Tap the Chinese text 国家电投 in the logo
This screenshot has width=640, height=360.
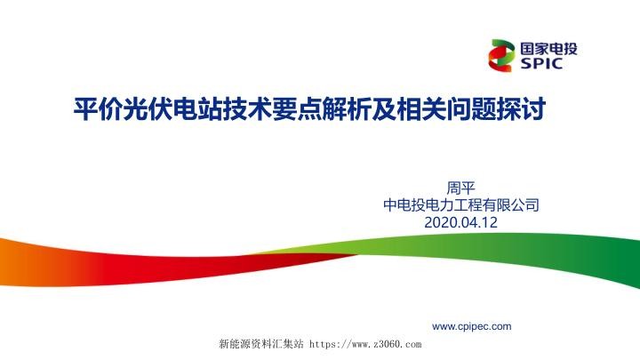[x=546, y=47]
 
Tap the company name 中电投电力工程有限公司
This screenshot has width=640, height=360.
[x=460, y=205]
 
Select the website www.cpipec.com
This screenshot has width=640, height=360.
[x=471, y=326]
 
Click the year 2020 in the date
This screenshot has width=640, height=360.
[x=442, y=222]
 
